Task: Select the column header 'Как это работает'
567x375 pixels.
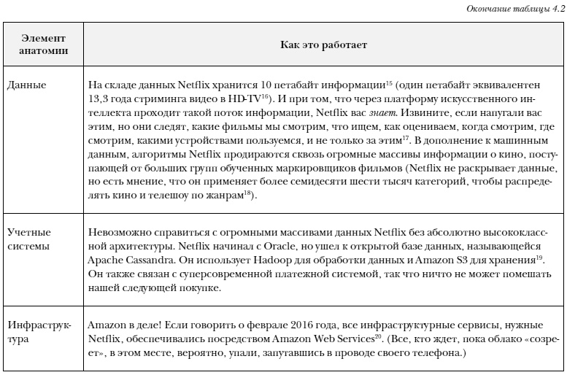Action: (x=323, y=45)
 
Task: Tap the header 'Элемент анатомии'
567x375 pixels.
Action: (x=44, y=45)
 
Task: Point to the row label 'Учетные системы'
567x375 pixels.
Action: (x=29, y=239)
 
